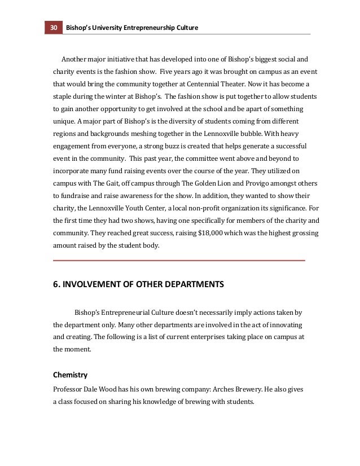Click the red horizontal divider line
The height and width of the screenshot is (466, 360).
pyautogui.click(x=179, y=261)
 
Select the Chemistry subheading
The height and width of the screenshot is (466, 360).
pyautogui.click(x=70, y=374)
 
